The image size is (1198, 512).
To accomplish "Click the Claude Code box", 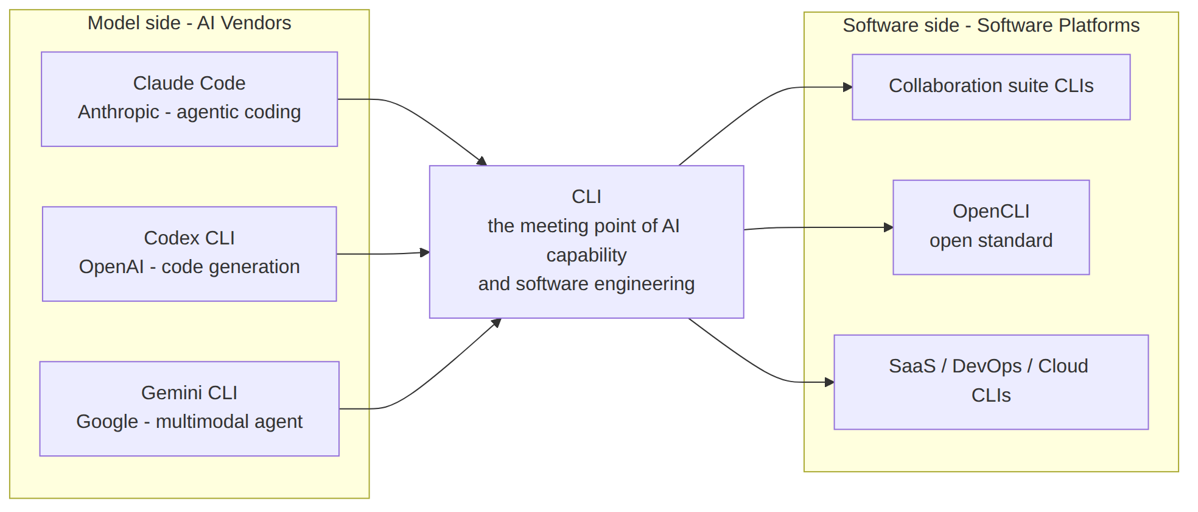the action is click(x=189, y=99).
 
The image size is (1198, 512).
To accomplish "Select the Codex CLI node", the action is click(x=189, y=254).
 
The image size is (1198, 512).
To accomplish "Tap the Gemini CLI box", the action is click(x=189, y=409).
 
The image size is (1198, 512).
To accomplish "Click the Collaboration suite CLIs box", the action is click(x=991, y=87).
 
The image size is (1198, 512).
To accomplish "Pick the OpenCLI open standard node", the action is click(x=991, y=227).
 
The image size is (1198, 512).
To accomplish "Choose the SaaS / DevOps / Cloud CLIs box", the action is click(x=991, y=382).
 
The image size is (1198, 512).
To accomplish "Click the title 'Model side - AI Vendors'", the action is click(x=189, y=23).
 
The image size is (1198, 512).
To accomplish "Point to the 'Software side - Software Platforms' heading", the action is click(x=991, y=26).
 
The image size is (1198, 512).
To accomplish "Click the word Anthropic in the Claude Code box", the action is click(x=119, y=112).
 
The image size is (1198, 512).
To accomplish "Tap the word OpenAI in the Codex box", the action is click(x=111, y=267).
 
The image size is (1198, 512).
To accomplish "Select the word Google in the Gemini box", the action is click(x=107, y=422).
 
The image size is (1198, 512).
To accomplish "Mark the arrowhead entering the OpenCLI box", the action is click(x=889, y=227).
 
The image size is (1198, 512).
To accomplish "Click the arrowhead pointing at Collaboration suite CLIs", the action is click(x=848, y=87).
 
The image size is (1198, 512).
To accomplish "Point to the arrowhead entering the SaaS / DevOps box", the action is click(x=830, y=382).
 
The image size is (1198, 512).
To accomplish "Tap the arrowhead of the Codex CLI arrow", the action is click(x=425, y=252).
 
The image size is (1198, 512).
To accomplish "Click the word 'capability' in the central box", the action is click(x=586, y=255).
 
